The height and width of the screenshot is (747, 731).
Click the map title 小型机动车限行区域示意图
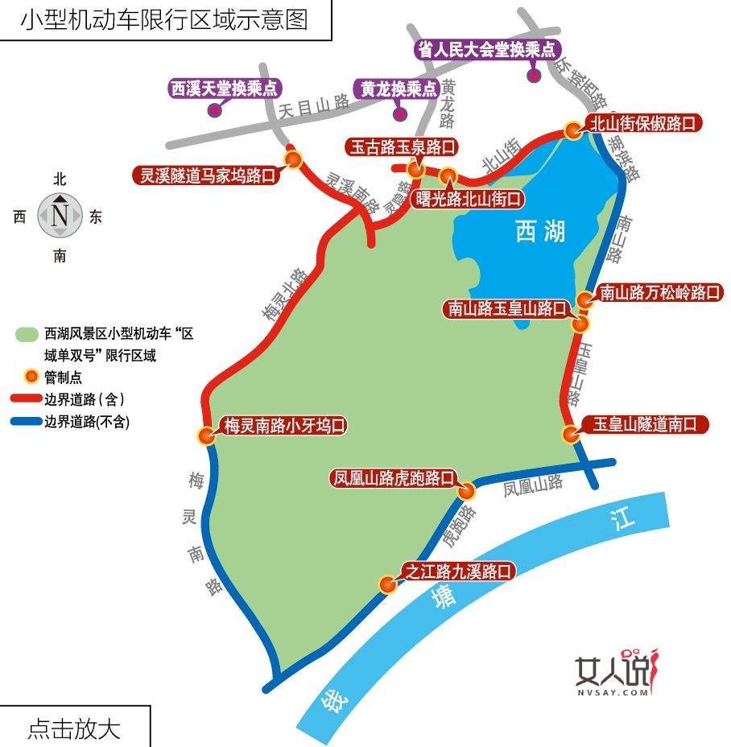pyautogui.click(x=164, y=19)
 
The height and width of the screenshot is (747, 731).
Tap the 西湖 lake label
pyautogui.click(x=540, y=232)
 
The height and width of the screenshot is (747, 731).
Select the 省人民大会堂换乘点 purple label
pyautogui.click(x=488, y=50)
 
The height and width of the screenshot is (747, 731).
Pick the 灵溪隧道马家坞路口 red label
pyautogui.click(x=208, y=174)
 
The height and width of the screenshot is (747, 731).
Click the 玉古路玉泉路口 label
pyautogui.click(x=402, y=147)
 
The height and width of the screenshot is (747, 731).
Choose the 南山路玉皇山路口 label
pyautogui.click(x=508, y=307)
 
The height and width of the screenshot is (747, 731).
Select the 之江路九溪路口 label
pyautogui.click(x=457, y=572)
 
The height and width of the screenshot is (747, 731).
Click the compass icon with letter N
pyautogui.click(x=60, y=216)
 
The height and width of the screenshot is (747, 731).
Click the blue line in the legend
pyautogui.click(x=26, y=421)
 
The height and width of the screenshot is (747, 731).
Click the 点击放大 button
pyautogui.click(x=74, y=728)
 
